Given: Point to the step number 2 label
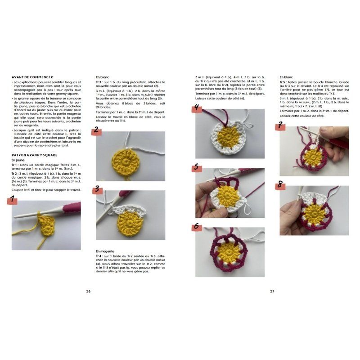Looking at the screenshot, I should (x=95, y=130).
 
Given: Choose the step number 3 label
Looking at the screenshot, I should (x=97, y=189).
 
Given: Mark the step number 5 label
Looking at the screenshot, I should (x=196, y=167).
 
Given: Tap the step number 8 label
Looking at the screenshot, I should (x=280, y=184).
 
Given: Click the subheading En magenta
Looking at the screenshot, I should (x=105, y=251).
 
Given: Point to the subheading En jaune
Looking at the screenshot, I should (x=19, y=160).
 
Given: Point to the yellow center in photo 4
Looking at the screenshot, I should (x=228, y=135).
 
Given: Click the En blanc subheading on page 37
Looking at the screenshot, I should (x=288, y=77).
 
